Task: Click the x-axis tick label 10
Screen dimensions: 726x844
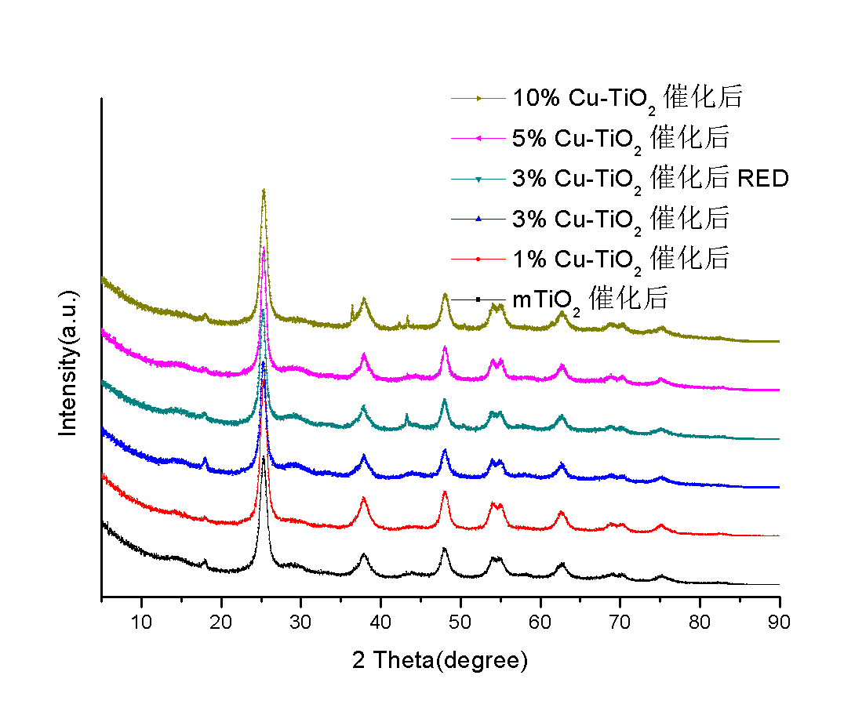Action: click(x=141, y=624)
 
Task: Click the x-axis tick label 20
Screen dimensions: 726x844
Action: click(x=221, y=624)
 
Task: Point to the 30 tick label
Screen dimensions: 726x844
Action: click(x=300, y=624)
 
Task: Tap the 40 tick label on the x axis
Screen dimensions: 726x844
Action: click(x=380, y=624)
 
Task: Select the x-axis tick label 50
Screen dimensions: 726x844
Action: click(x=460, y=624)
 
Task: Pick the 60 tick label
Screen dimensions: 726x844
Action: click(x=540, y=624)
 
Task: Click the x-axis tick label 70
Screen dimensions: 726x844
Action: click(x=620, y=624)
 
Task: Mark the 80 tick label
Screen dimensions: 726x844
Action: click(x=700, y=624)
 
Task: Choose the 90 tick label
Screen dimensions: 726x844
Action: click(x=779, y=624)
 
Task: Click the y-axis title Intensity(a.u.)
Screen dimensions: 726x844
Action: click(x=69, y=363)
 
